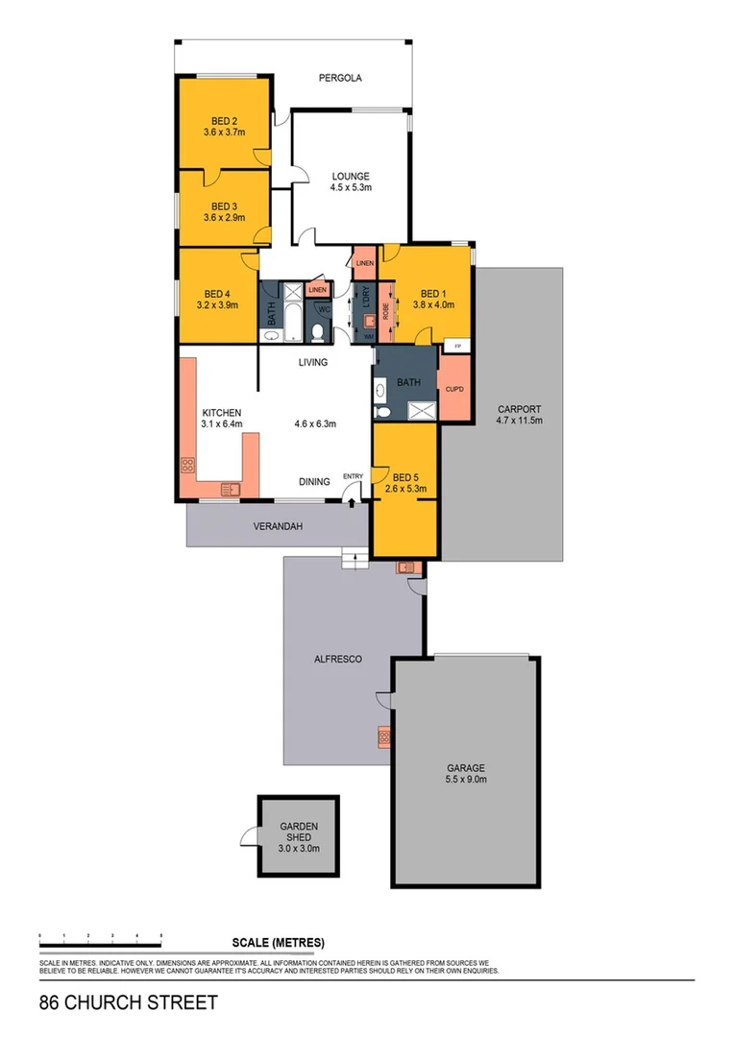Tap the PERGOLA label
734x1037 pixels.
pyautogui.click(x=340, y=79)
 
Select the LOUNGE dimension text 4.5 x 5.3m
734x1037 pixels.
pyautogui.click(x=352, y=188)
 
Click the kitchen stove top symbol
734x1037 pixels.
pyautogui.click(x=187, y=467)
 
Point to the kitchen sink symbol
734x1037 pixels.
pyautogui.click(x=230, y=489)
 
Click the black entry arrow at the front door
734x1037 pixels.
pyautogui.click(x=352, y=500)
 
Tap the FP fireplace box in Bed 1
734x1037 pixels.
pyautogui.click(x=457, y=346)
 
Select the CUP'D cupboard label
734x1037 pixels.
pyautogui.click(x=454, y=389)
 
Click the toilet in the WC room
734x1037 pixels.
pyautogui.click(x=317, y=331)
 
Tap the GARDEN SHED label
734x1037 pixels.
pyautogui.click(x=298, y=832)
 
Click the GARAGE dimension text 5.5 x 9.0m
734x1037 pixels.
pyautogui.click(x=465, y=781)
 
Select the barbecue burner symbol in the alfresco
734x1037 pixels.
pyautogui.click(x=383, y=737)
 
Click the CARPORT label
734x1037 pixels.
pyautogui.click(x=519, y=408)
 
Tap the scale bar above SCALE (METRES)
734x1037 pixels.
pyautogui.click(x=100, y=934)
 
